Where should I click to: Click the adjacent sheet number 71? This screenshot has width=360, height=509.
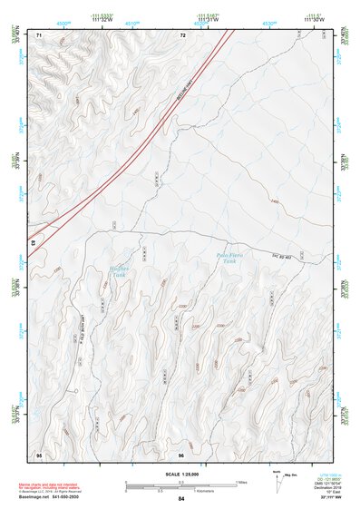39,34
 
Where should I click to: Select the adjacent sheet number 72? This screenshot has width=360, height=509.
182,34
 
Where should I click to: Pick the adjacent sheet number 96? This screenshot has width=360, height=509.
181,454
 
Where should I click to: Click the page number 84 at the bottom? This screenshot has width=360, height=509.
181,499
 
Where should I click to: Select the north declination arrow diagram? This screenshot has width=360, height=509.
278,481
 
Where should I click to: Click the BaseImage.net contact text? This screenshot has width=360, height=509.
54,497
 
